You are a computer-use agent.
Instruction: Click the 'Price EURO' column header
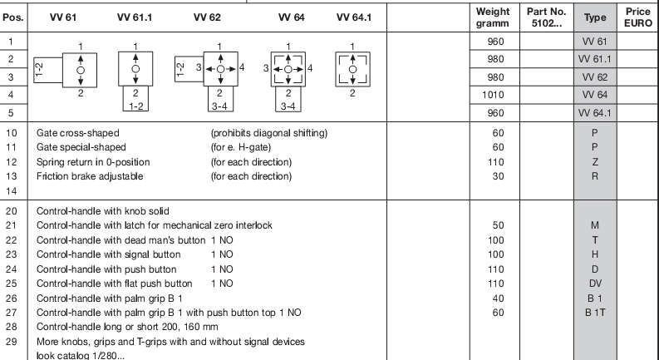[638, 16]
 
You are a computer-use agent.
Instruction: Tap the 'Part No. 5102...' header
[544, 17]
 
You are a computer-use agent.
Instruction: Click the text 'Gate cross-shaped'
[78, 132]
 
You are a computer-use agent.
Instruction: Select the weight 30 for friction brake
[493, 175]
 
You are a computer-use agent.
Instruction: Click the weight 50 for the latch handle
[493, 225]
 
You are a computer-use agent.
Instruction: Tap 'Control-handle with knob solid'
[109, 211]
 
